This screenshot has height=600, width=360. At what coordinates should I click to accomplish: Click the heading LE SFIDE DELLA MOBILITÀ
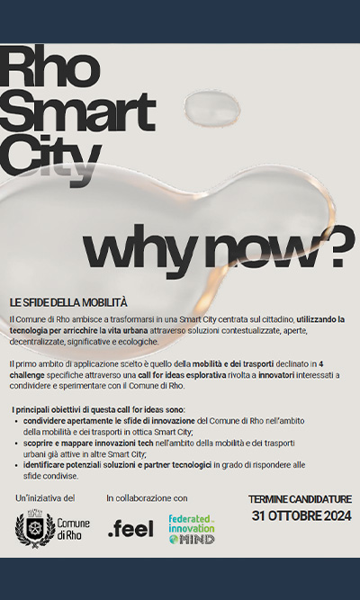click(69, 302)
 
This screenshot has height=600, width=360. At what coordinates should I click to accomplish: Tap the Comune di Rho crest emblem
click(35, 530)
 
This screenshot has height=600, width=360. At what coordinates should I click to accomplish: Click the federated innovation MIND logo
click(191, 529)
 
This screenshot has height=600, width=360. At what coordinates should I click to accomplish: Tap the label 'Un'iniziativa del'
click(45, 497)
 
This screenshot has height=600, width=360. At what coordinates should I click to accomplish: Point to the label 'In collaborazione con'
click(147, 497)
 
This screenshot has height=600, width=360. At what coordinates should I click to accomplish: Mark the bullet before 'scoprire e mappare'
click(16, 444)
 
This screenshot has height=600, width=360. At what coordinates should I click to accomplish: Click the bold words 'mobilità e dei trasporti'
click(235, 363)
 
